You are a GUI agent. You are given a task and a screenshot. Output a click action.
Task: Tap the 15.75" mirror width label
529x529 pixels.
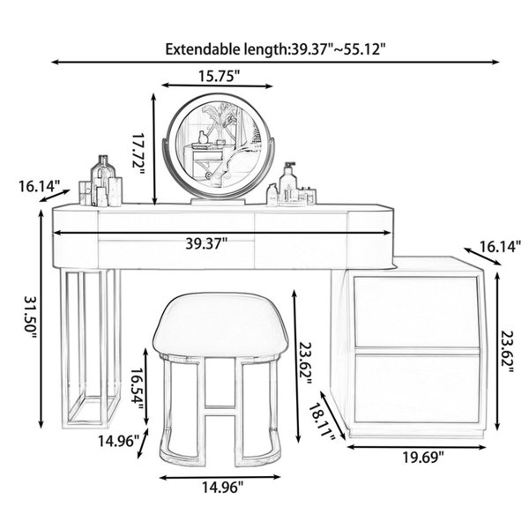click(x=219, y=76)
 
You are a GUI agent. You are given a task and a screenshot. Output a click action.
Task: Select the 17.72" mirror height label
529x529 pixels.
click(x=138, y=153)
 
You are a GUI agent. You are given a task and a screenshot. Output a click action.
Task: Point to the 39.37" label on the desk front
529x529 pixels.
click(x=206, y=243)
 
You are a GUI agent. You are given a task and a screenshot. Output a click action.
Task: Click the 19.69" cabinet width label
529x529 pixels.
click(x=423, y=458)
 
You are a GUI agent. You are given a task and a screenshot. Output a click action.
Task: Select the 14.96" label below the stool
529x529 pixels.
click(x=222, y=488)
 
